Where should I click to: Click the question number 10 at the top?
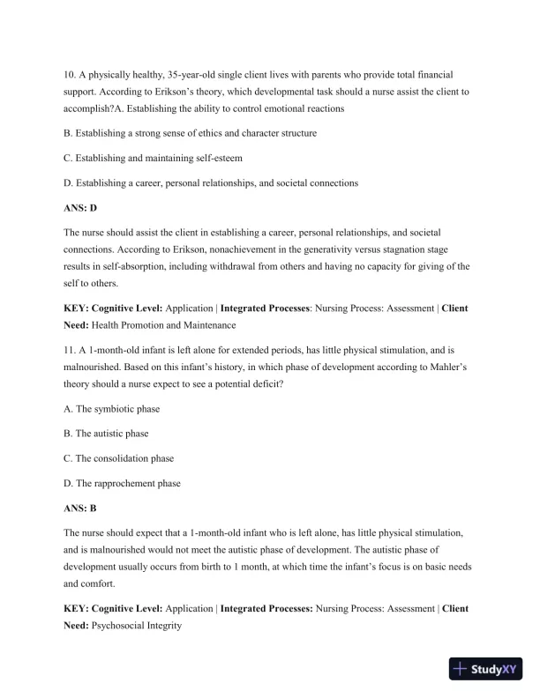(71, 76)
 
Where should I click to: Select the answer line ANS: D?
(80, 208)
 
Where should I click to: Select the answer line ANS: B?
(80, 509)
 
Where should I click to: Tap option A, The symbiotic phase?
(112, 409)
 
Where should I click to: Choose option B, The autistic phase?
(107, 434)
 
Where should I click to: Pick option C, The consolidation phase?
(119, 458)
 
